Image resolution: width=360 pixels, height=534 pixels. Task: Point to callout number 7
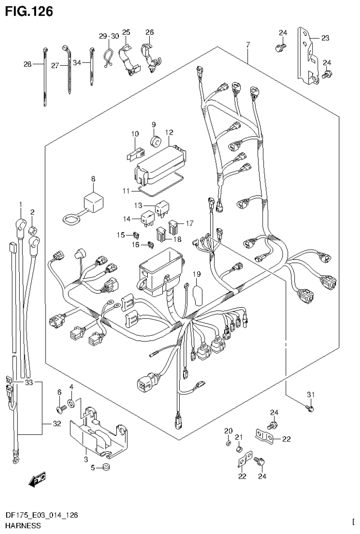tap(248, 45)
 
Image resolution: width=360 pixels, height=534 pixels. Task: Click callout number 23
tap(325, 39)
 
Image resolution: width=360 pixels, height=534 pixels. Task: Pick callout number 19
tap(196, 274)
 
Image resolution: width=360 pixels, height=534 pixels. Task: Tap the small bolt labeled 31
tap(309, 409)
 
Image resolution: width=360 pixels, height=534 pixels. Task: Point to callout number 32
tap(57, 425)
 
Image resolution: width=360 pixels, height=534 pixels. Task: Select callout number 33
tap(29, 383)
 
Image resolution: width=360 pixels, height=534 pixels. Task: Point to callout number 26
tap(149, 32)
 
